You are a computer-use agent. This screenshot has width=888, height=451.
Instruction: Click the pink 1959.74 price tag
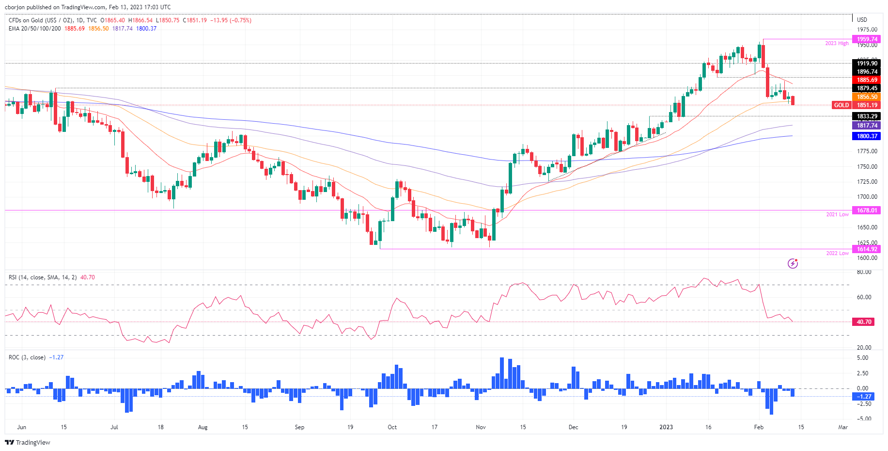tap(867, 39)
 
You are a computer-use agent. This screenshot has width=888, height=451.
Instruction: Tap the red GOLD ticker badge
tap(841, 105)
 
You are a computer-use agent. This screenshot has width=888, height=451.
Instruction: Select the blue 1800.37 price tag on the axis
tap(867, 137)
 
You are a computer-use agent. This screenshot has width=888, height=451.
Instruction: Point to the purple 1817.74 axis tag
tap(867, 126)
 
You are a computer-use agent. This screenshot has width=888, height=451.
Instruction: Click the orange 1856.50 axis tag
tap(867, 97)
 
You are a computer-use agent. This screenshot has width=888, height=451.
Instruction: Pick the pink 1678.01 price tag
tap(867, 210)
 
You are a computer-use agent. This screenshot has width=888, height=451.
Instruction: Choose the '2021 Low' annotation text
tap(837, 214)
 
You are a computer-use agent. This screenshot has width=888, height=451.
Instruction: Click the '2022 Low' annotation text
tap(837, 253)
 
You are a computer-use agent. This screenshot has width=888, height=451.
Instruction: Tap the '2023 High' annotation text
tap(837, 44)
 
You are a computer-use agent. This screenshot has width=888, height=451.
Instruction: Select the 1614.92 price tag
tap(867, 249)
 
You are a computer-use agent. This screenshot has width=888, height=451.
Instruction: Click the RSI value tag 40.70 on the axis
tap(864, 322)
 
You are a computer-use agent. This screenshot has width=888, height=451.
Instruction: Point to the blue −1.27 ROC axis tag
tap(864, 397)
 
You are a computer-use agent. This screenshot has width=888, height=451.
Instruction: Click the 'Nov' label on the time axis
tap(481, 427)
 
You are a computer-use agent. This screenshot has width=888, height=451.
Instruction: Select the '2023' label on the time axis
tap(666, 427)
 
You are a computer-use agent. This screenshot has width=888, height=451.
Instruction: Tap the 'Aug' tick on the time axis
tap(203, 427)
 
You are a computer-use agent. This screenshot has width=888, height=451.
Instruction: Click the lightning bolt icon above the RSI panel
tap(793, 263)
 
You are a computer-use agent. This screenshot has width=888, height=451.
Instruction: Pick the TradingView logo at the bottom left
tap(28, 442)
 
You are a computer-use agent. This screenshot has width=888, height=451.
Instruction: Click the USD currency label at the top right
tap(862, 20)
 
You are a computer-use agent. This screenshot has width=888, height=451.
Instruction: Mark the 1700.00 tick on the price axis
tap(867, 197)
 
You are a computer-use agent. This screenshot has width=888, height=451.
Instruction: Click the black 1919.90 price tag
tap(867, 64)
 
